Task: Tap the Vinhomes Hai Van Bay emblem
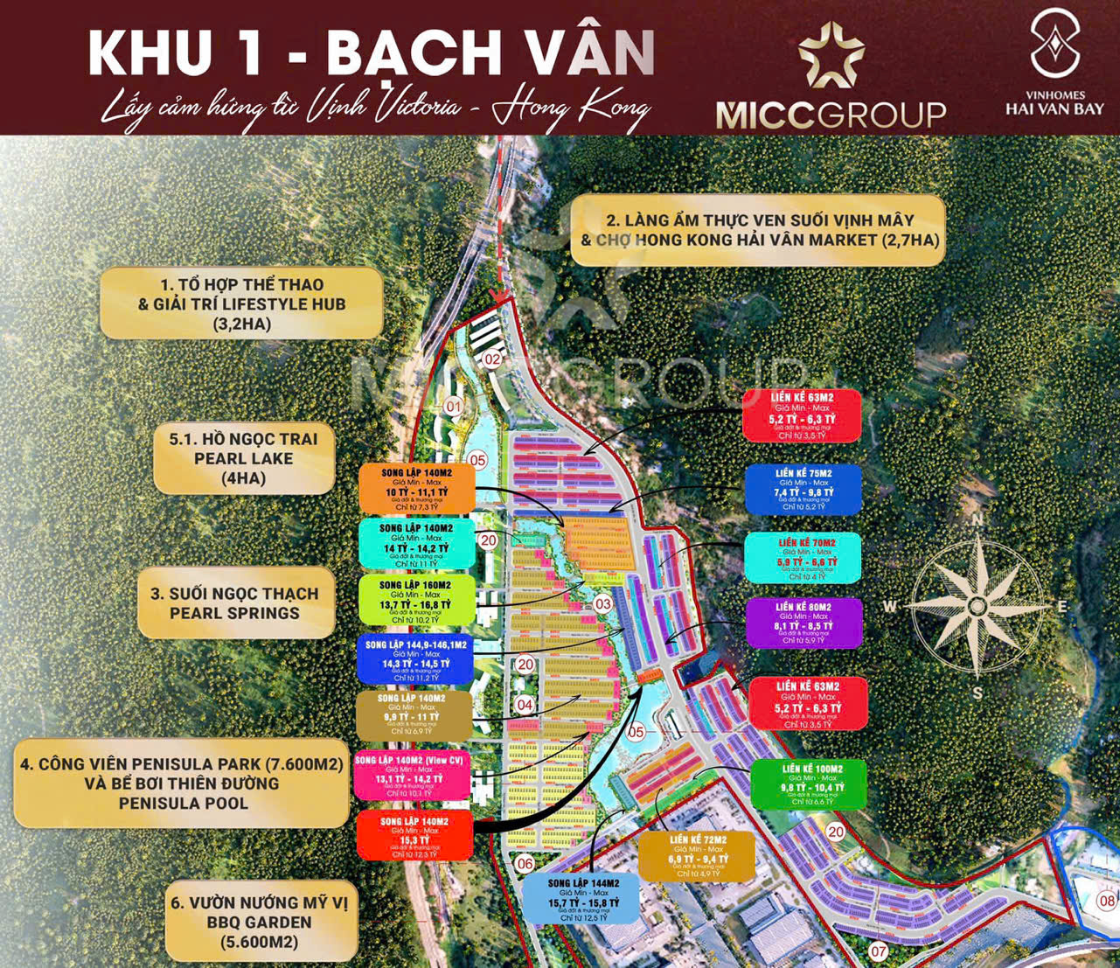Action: point(1054,44)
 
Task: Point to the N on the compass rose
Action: point(978,519)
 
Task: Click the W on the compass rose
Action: point(889,606)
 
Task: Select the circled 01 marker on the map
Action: point(453,406)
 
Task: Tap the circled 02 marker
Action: point(492,359)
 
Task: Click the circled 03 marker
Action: point(603,604)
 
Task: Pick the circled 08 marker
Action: point(1108,901)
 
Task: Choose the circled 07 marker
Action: point(878,952)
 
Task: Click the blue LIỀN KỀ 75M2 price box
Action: point(803,490)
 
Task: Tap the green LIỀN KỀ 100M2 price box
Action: point(807,784)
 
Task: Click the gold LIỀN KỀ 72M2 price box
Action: point(696,856)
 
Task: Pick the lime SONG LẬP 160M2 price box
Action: point(416,599)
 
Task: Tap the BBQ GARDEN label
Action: point(259,923)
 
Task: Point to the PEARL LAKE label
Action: point(243,458)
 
